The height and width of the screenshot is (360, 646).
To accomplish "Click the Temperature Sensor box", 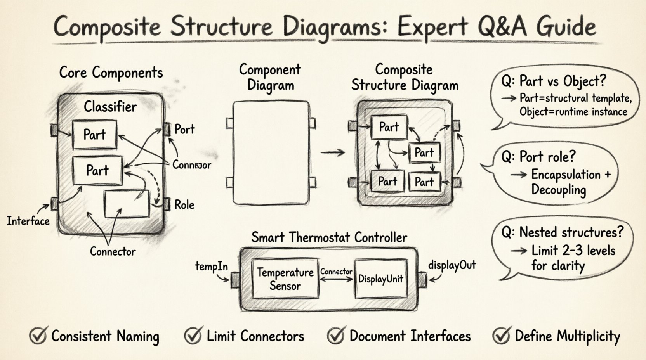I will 285,279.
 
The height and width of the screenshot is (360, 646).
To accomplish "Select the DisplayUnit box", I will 380,279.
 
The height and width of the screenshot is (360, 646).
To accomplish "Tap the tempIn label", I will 211,267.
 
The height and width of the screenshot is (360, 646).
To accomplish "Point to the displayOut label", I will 452,265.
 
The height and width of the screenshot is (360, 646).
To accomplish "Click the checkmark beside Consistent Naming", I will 38,336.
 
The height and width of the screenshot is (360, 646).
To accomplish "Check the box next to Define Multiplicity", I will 502,336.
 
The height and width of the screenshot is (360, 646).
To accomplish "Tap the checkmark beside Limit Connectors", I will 193,336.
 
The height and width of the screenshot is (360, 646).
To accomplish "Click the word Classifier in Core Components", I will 110,107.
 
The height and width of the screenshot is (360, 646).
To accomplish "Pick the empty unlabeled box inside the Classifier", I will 127,204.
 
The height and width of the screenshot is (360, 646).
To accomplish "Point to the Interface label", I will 28,221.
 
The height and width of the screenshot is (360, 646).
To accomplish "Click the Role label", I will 184,205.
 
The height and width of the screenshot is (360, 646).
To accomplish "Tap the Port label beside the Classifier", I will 184,129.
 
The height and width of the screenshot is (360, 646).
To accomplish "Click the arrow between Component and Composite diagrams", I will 333,152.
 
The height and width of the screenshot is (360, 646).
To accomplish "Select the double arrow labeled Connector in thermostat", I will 336,279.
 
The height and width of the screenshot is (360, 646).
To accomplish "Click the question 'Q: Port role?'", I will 538,157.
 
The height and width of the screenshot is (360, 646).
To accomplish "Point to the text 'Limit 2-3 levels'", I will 573,250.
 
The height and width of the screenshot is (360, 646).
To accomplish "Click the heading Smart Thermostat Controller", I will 329,237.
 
